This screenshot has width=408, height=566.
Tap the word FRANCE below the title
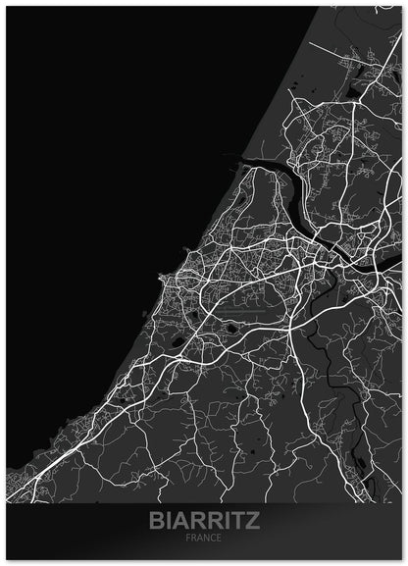tap(205, 539)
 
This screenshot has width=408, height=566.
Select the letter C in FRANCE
tap(213, 539)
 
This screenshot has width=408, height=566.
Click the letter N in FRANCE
tap(207, 539)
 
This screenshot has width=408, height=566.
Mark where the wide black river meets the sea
tap(239, 159)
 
